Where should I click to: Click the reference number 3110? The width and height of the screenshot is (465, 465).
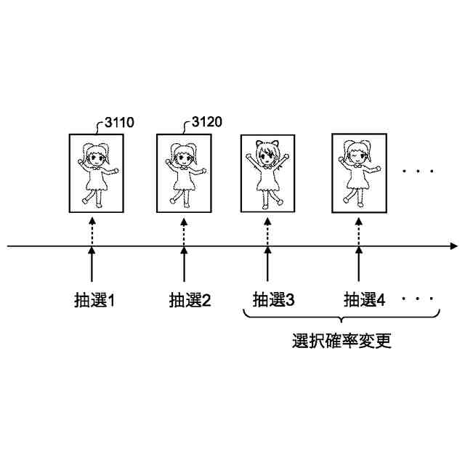point(118,124)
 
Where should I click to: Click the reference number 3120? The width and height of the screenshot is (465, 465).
point(207,124)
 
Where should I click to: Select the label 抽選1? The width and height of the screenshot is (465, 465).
point(95,299)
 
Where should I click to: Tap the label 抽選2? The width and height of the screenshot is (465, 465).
point(190,299)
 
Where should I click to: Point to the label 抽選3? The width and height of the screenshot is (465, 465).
point(273,299)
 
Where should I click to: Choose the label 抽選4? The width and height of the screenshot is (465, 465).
point(364,299)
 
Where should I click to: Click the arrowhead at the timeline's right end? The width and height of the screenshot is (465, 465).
point(453,246)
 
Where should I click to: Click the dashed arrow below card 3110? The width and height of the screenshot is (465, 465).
point(92,230)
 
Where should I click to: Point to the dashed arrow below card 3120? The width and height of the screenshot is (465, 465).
point(183,230)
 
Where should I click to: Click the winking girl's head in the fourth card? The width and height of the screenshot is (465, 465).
point(357,153)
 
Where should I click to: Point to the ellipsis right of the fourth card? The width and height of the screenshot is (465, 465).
point(418,171)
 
